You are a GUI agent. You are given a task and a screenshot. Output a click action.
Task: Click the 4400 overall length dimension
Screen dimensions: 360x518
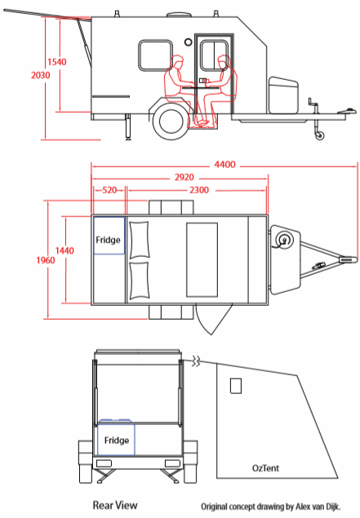(224, 164)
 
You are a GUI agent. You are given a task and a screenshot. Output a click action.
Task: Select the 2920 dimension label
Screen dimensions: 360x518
(184, 177)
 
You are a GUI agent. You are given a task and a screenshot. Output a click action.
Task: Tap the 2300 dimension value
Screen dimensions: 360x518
(199, 190)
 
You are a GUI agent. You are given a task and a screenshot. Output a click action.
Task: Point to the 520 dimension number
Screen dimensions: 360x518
(109, 190)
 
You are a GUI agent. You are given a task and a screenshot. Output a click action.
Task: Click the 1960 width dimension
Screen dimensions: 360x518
(46, 260)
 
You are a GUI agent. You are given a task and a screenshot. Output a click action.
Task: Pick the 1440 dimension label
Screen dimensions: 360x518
(64, 250)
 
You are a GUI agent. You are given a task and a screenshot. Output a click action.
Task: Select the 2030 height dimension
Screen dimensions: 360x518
(41, 75)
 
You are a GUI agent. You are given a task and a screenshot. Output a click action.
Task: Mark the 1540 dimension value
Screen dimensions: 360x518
(57, 62)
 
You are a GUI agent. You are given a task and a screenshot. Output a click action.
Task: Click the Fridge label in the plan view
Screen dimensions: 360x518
(108, 240)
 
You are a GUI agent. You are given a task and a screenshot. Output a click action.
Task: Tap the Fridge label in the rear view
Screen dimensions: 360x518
(117, 441)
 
